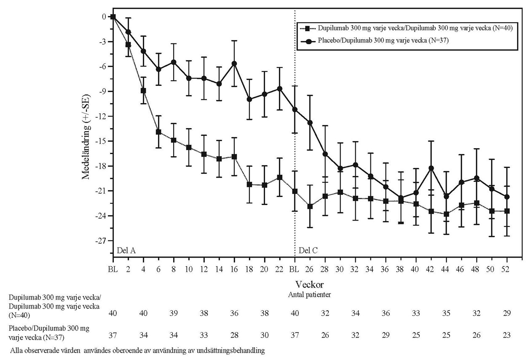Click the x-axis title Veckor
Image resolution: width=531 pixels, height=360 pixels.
310,285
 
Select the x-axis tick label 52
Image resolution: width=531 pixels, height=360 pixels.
507,268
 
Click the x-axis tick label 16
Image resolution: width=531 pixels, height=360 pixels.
234,268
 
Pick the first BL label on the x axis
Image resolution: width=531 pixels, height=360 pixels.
113,268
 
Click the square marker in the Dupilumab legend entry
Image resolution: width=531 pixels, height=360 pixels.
308,29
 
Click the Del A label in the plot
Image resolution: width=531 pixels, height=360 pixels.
126,251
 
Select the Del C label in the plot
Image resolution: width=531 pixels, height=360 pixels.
308,251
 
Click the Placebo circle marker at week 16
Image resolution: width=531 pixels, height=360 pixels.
234,64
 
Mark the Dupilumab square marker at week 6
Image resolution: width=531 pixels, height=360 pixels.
158,132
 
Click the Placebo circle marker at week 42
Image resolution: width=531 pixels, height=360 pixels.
431,168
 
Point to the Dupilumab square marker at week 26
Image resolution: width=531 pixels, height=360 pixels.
310,206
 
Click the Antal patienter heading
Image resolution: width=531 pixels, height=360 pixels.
310,295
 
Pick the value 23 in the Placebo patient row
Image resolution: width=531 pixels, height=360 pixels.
507,336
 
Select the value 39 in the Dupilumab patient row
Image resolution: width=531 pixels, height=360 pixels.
174,313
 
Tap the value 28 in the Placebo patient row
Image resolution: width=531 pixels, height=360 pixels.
234,336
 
